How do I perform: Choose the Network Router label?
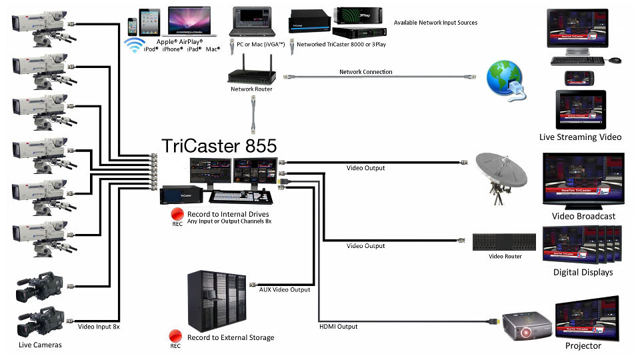[x=251, y=89]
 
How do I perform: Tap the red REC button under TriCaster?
[x=177, y=214]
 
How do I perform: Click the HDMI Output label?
[x=339, y=327]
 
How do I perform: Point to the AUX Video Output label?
[x=283, y=289]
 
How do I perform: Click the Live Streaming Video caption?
[x=580, y=137]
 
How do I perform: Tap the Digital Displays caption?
[x=583, y=272]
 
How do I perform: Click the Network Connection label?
[x=365, y=72]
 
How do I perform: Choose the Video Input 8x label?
[x=99, y=327]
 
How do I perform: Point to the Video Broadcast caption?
[x=583, y=216]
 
